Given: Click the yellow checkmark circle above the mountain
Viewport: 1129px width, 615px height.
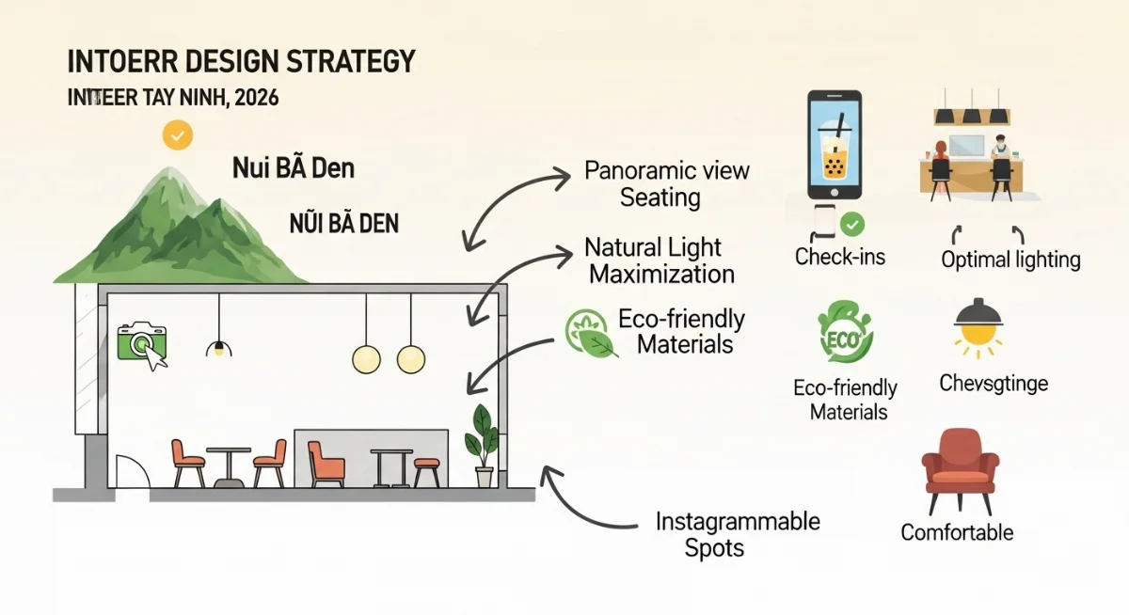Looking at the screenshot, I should click(x=177, y=135).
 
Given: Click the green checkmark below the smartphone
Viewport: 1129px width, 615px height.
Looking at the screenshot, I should click(x=851, y=224).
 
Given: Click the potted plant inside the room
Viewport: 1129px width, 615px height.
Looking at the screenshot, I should click(x=483, y=443).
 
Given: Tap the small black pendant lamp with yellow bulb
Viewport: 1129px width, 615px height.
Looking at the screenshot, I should click(x=219, y=348).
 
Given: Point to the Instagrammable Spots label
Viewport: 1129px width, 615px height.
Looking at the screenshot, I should click(x=738, y=534).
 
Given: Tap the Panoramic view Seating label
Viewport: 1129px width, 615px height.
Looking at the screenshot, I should click(x=666, y=184).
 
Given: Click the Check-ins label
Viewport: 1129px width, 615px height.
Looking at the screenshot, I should click(x=839, y=257).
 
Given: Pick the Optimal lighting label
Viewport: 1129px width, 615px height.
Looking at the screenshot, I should click(x=1010, y=260).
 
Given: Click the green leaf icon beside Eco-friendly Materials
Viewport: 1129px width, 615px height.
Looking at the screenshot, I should click(x=590, y=335).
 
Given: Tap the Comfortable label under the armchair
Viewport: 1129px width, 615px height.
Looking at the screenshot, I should click(x=957, y=532).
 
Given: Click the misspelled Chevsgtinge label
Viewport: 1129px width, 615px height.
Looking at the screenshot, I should click(x=993, y=383).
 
